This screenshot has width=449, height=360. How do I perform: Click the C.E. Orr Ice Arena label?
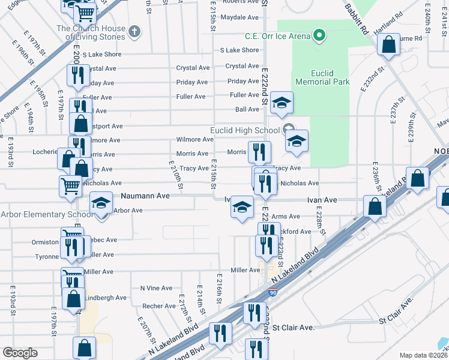pos(277,36)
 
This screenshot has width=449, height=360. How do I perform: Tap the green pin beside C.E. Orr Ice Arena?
pos(319,36)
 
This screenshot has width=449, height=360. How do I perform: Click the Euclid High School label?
pos(245,130)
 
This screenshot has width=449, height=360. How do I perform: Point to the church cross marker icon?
pos(134,31)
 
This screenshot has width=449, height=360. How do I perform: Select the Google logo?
pos(20,353)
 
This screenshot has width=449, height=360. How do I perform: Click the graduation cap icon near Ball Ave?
pos(281,102)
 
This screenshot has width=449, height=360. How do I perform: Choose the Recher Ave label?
pos(159,306)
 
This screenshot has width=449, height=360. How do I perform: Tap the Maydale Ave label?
pos(239,17)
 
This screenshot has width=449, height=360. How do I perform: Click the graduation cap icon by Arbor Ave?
pos(101,202)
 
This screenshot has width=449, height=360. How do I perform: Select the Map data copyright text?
pos(423,355)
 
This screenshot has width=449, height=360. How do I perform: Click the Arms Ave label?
pos(286,217)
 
